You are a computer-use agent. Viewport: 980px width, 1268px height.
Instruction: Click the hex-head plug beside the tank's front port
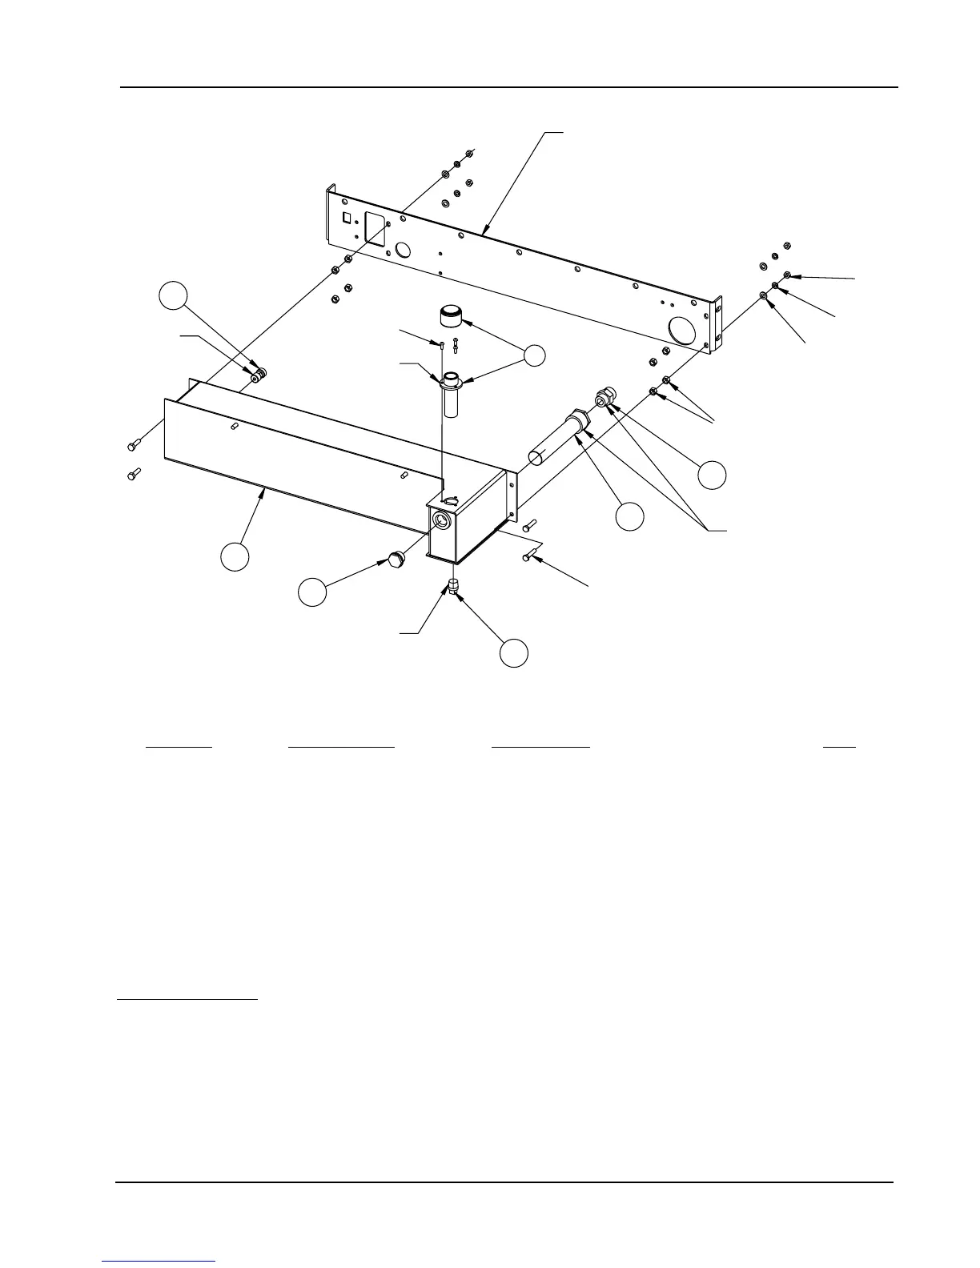pyautogui.click(x=394, y=558)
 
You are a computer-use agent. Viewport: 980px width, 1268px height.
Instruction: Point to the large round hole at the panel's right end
pyautogui.click(x=683, y=330)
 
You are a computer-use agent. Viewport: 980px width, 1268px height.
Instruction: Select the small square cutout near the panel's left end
pyautogui.click(x=347, y=218)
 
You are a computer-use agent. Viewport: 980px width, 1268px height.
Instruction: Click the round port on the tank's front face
pyautogui.click(x=441, y=520)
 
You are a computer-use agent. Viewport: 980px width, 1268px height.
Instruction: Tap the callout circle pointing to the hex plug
pyautogui.click(x=312, y=592)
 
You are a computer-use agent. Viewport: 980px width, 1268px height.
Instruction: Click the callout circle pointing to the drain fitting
pyautogui.click(x=514, y=652)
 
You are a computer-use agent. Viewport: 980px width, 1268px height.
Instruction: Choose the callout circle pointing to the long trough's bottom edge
pyautogui.click(x=235, y=557)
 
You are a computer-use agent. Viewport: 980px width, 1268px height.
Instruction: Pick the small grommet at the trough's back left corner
pyautogui.click(x=258, y=375)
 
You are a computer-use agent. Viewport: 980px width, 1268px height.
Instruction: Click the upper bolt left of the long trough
pyautogui.click(x=133, y=443)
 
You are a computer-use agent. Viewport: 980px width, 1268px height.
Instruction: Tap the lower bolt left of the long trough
pyautogui.click(x=133, y=475)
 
